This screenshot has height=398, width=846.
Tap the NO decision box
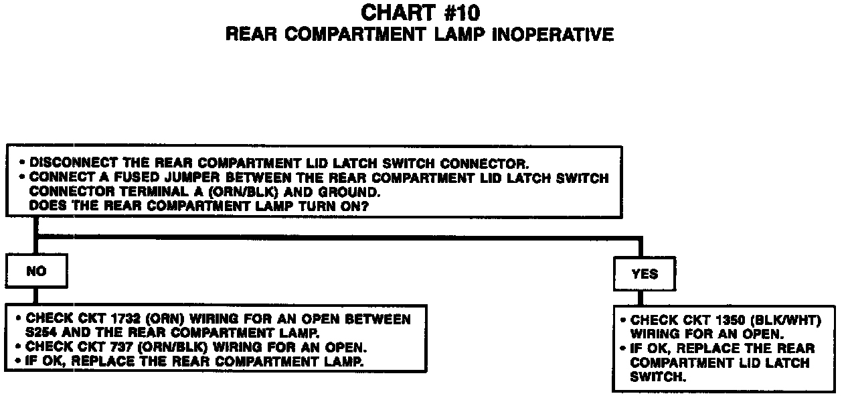37,272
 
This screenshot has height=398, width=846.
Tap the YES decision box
644,273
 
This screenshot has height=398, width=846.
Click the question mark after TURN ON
366,206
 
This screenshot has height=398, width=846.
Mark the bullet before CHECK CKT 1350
624,320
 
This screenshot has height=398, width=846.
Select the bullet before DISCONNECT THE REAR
23,163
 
